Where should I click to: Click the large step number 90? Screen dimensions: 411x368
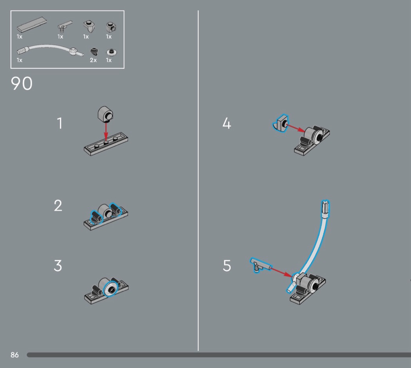click(x=22, y=84)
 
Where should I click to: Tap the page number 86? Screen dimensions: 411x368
click(x=15, y=355)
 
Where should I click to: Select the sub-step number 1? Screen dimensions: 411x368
click(x=60, y=123)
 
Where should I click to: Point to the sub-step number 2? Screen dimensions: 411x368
click(x=58, y=205)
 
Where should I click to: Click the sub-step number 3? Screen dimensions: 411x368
click(x=58, y=266)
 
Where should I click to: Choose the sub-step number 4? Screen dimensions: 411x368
click(x=227, y=123)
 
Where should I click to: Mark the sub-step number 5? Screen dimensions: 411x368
click(x=227, y=266)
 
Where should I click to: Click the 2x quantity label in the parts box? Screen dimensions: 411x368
click(x=93, y=60)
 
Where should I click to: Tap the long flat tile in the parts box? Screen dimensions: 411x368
click(x=32, y=25)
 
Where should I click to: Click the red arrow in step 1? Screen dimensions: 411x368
click(x=106, y=131)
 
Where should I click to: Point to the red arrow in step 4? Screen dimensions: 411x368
click(x=295, y=128)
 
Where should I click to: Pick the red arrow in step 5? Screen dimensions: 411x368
click(x=281, y=272)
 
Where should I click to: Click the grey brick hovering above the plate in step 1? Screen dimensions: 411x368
click(x=105, y=114)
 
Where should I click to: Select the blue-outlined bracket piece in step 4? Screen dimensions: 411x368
click(x=281, y=122)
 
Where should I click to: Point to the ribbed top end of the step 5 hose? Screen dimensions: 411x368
click(x=325, y=207)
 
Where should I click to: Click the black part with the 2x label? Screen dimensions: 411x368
click(x=94, y=51)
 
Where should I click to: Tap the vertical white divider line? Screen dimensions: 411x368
click(x=198, y=180)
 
